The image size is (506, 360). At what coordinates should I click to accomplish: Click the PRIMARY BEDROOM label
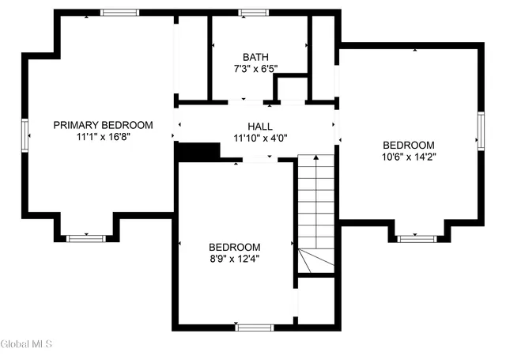[x=103, y=125]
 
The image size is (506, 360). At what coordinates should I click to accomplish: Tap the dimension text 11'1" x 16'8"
[x=103, y=137]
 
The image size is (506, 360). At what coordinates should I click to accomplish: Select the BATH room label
[x=255, y=57]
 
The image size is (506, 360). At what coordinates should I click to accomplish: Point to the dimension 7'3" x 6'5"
[x=255, y=69]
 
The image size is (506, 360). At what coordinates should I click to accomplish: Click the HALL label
[x=259, y=127]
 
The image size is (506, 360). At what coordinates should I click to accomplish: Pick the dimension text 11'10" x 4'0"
[x=259, y=138]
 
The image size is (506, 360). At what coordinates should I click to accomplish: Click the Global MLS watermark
[x=26, y=344]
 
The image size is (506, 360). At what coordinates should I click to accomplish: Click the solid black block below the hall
[x=197, y=151]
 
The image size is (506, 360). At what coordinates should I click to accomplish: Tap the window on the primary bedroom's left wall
[x=25, y=134]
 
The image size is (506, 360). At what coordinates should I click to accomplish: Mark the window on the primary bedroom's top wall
[x=119, y=13]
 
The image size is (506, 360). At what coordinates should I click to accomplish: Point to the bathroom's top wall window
[x=253, y=13]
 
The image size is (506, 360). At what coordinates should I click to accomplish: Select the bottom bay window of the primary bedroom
[x=85, y=237]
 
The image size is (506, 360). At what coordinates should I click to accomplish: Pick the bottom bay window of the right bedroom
[x=416, y=237]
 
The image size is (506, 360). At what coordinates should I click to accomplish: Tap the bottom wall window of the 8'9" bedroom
[x=255, y=327]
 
